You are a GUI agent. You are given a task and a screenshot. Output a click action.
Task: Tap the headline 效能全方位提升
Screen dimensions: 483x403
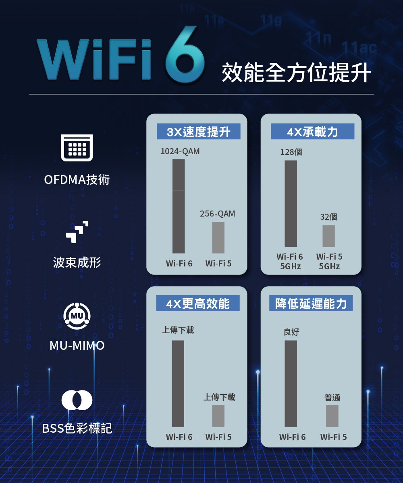296,73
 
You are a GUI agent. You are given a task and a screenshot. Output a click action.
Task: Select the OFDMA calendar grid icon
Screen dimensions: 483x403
77,148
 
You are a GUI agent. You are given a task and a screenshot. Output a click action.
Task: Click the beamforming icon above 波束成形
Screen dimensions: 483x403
77,232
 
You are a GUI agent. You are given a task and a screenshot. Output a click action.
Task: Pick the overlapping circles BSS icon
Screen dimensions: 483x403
77,400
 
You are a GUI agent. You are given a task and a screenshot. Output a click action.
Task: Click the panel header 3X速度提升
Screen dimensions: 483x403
198,132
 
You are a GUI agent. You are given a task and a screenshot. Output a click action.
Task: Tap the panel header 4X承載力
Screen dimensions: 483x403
312,132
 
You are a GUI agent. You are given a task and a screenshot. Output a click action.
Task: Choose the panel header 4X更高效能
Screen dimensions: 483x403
198,303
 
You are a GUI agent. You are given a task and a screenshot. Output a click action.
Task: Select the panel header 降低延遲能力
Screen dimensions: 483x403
311,303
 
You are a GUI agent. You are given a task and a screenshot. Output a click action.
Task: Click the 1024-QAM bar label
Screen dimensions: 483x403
180,152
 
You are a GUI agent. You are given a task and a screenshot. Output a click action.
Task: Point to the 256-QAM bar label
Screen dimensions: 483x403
218,214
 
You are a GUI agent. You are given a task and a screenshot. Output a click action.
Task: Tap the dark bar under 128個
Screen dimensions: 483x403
291,203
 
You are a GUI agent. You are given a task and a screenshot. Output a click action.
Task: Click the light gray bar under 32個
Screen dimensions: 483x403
328,236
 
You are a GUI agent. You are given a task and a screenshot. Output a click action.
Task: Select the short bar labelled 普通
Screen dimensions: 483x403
332,416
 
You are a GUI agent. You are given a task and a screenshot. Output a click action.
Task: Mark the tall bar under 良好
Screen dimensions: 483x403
291,383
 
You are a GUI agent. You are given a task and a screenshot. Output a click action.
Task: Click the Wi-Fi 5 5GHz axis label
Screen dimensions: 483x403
329,261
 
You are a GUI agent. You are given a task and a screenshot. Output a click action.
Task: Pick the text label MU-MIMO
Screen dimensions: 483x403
77,345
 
